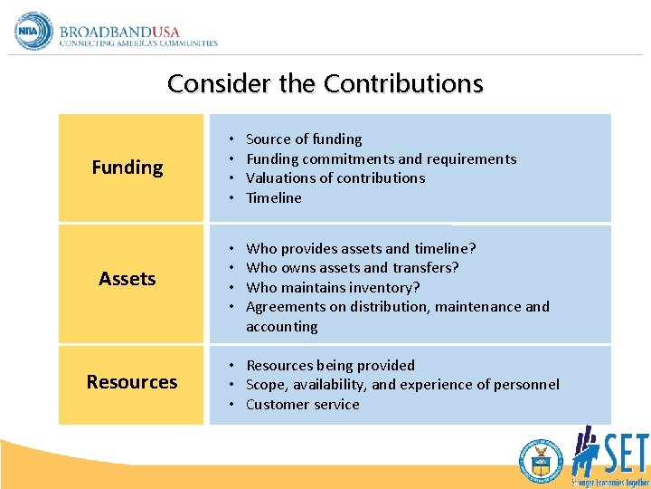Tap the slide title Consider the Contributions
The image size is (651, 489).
click(x=325, y=83)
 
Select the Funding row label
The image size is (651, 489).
click(x=127, y=167)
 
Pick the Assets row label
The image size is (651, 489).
click(x=127, y=279)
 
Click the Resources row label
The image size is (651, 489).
click(x=132, y=382)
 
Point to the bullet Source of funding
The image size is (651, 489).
click(x=304, y=139)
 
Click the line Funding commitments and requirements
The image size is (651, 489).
click(x=381, y=159)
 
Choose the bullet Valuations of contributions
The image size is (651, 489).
click(x=335, y=178)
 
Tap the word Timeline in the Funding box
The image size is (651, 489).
click(x=274, y=198)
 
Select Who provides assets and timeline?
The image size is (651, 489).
click(x=361, y=248)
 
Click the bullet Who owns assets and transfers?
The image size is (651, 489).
click(x=352, y=268)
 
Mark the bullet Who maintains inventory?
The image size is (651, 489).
click(x=333, y=288)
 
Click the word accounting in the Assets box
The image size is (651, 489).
click(x=282, y=327)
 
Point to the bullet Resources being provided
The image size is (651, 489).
click(x=330, y=366)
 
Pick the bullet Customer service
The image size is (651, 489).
click(x=302, y=405)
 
